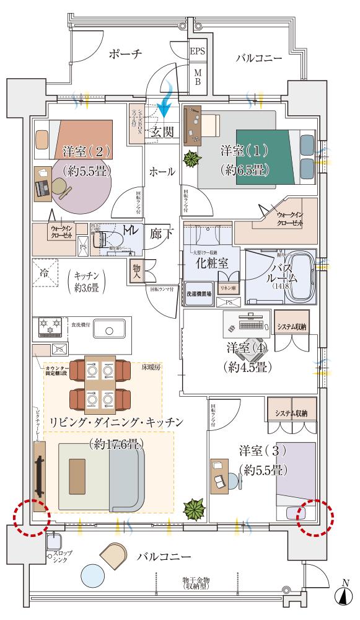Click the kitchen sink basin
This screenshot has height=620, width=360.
(x=108, y=331)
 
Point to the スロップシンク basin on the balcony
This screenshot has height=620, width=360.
(x=53, y=544)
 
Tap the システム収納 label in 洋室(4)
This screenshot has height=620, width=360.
(x=291, y=327)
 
